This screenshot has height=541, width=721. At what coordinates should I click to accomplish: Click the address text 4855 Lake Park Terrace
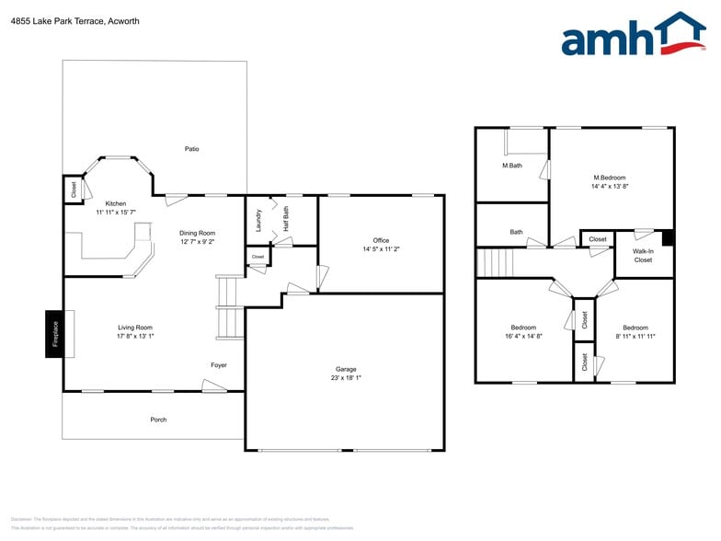74,21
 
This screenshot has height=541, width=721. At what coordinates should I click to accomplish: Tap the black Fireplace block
54,334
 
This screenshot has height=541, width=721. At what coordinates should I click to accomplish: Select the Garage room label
345,369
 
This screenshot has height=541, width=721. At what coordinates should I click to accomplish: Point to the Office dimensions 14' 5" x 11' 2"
381,248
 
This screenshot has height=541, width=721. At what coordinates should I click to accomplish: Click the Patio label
191,148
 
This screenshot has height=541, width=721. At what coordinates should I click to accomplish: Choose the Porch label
158,420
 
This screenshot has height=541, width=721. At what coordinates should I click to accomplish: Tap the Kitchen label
116,203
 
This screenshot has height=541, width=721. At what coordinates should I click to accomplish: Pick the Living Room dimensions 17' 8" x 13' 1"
135,336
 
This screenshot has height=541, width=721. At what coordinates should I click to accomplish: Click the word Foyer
219,365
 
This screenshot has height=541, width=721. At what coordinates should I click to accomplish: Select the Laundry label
258,222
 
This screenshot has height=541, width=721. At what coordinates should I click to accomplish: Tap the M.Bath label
512,166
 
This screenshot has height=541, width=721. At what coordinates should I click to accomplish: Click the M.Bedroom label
610,177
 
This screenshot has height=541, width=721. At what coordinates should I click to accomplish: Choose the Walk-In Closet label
643,255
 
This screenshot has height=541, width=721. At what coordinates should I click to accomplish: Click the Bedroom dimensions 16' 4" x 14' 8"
523,336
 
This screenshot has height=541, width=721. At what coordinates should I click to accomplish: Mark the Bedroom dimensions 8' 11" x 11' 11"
635,336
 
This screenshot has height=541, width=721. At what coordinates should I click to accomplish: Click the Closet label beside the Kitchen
74,189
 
